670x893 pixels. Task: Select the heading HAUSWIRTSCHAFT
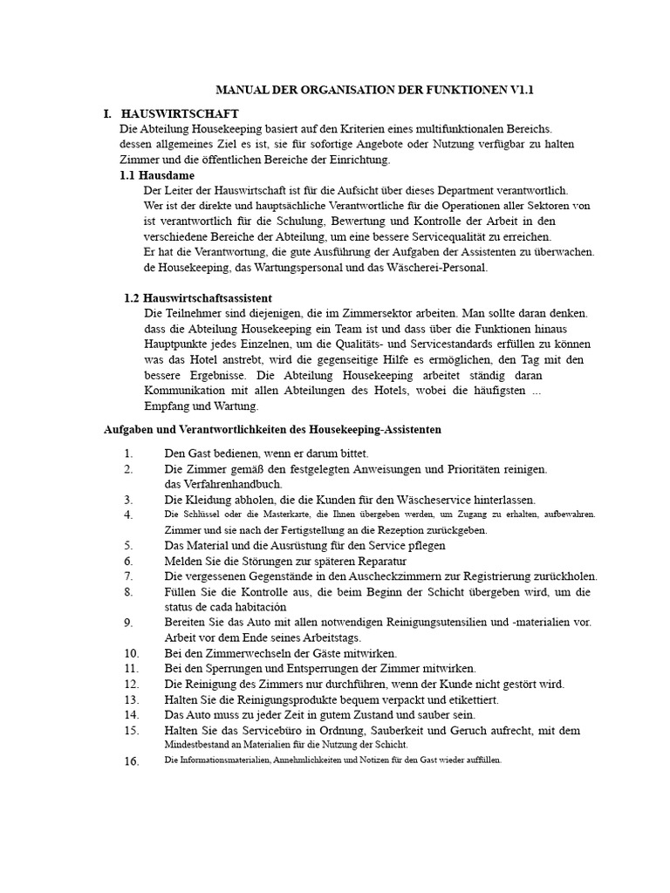[x=180, y=113]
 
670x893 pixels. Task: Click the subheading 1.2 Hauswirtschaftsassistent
[x=198, y=298]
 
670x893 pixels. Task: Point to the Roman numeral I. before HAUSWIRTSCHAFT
[x=107, y=113]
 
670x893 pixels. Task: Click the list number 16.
[x=131, y=761]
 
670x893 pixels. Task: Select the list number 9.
[x=128, y=623]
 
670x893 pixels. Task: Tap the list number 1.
[x=128, y=453]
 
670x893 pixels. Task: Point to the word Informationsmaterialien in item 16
[x=217, y=760]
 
